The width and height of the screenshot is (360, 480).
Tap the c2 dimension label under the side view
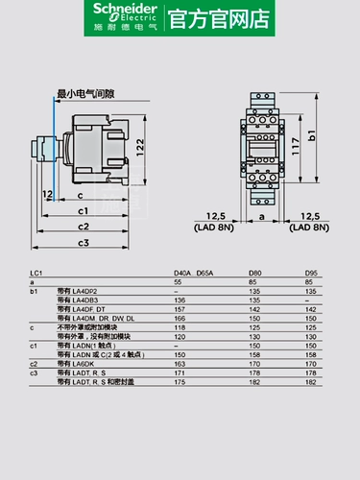84,227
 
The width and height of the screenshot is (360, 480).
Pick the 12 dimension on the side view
47,193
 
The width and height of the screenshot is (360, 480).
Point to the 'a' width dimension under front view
261,218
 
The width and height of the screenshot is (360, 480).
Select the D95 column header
310,274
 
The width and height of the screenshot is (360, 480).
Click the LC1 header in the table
36,274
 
